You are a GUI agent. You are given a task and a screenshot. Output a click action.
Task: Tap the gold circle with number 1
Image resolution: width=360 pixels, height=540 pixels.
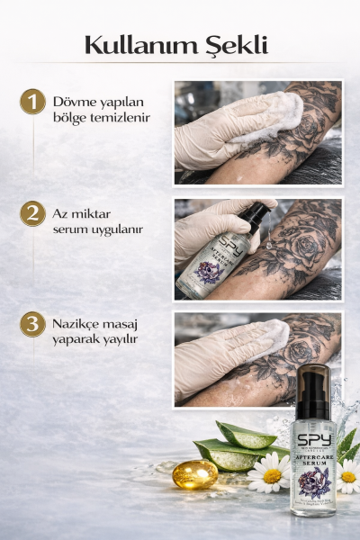[x=32, y=101]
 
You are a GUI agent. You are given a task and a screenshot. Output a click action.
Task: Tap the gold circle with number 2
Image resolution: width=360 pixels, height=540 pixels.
[x=32, y=213]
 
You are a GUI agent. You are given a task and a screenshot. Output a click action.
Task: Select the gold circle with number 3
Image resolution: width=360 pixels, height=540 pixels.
[x=32, y=324]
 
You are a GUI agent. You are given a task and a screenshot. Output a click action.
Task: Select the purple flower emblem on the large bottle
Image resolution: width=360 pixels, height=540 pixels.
[x=314, y=481]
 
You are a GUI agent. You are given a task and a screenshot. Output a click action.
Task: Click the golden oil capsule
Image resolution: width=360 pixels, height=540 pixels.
[x=194, y=473]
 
